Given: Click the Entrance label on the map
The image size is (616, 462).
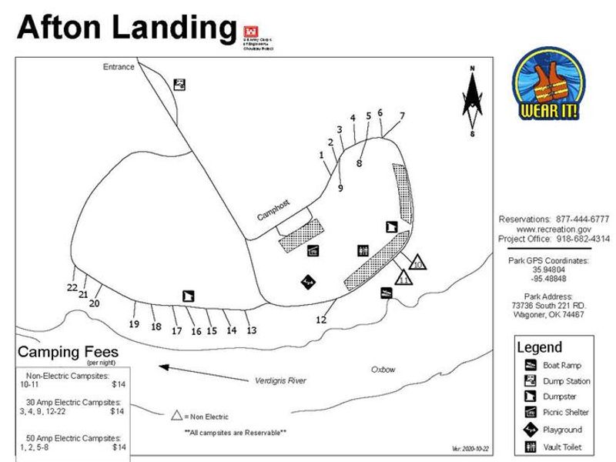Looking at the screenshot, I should click(119, 67).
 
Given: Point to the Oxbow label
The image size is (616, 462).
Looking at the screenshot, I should click(383, 370).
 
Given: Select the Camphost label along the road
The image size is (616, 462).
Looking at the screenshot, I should click(273, 210).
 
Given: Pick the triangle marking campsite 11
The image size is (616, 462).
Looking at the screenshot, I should click(403, 278).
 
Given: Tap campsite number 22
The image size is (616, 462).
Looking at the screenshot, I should click(72, 287).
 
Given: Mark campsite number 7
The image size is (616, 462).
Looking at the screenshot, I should click(402, 116).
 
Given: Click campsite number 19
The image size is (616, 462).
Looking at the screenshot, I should click(134, 324).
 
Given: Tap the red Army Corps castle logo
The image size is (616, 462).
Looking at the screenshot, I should click(249, 32).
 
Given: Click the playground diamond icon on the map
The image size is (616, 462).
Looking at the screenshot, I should click(308, 282).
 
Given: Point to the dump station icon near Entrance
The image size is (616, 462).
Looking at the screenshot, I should click(179, 85).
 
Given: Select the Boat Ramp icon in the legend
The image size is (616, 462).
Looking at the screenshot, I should click(531, 365).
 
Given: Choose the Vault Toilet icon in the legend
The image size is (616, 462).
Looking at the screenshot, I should click(531, 447).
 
